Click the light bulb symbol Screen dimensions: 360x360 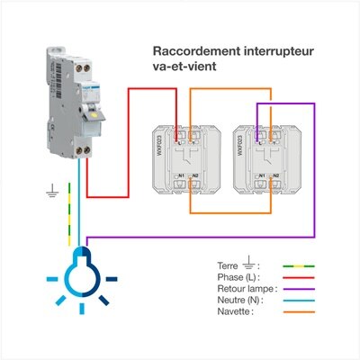coord(85,269)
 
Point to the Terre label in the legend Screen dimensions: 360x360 coord(228,266)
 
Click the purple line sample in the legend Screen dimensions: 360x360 coord(302,289)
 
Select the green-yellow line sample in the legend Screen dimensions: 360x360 coord(302,266)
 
